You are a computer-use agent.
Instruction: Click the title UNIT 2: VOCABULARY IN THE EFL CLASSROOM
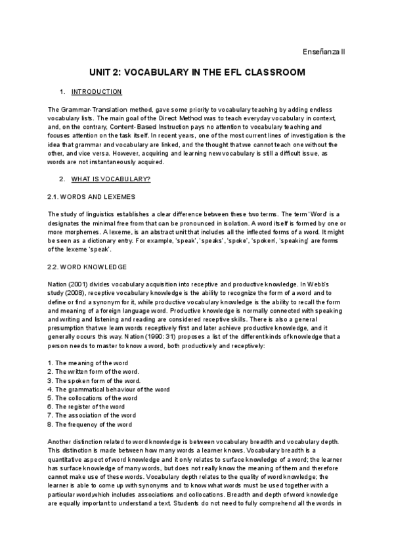coord(197,72)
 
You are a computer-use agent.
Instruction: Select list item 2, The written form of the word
coord(93,372)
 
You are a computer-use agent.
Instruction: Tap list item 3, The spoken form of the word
coord(94,380)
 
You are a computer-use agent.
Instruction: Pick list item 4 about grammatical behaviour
coord(108,389)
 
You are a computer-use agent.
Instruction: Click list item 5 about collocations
coord(93,397)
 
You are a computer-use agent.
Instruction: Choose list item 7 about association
coord(92,414)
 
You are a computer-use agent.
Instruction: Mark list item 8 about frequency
coord(90,424)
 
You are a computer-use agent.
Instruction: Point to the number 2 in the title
coord(113,72)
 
